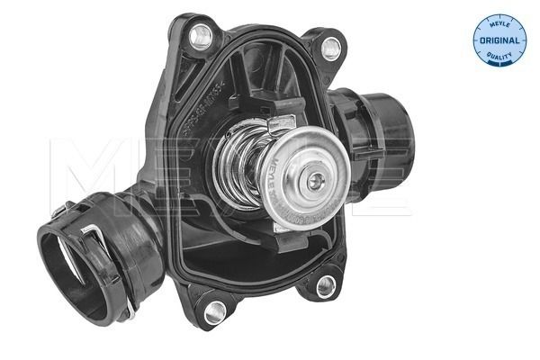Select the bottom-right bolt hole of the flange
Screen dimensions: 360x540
pyautogui.click(x=327, y=285)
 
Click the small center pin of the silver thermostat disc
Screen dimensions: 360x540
pyautogui.click(x=312, y=180)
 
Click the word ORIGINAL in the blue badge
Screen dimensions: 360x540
pyautogui.click(x=499, y=41)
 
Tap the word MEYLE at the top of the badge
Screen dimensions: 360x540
pyautogui.click(x=499, y=23)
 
